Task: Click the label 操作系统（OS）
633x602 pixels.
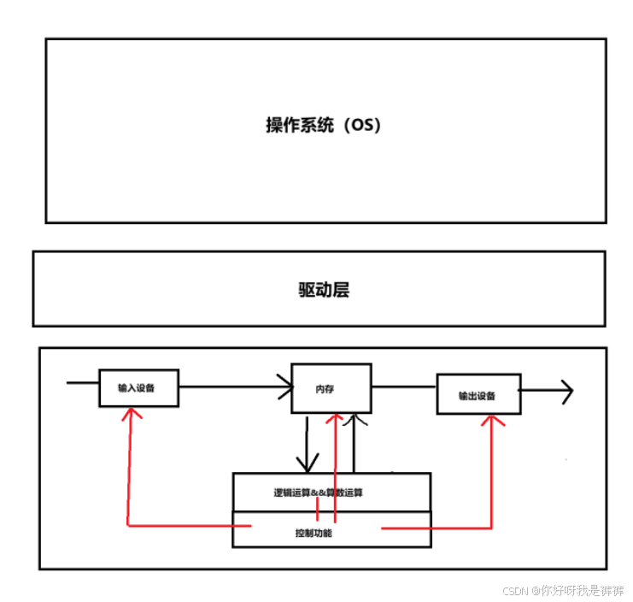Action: tap(323, 125)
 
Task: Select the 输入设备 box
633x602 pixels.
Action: tap(138, 387)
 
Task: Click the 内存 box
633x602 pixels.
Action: tap(331, 389)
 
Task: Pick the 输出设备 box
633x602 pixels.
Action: tap(478, 395)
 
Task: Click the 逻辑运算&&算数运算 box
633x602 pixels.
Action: tap(331, 492)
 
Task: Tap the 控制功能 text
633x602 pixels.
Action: tap(314, 534)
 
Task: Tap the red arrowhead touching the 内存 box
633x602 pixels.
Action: tap(336, 419)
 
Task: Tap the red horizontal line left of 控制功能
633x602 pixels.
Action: tap(188, 524)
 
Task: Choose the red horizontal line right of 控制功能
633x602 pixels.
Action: tap(436, 528)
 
